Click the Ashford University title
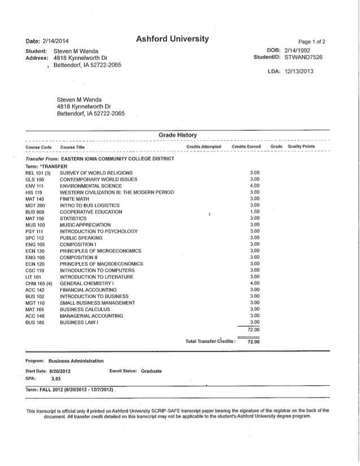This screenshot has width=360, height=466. click(x=173, y=39)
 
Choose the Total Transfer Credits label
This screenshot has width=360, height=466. click(x=211, y=341)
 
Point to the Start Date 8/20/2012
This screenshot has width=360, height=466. click(x=59, y=371)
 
